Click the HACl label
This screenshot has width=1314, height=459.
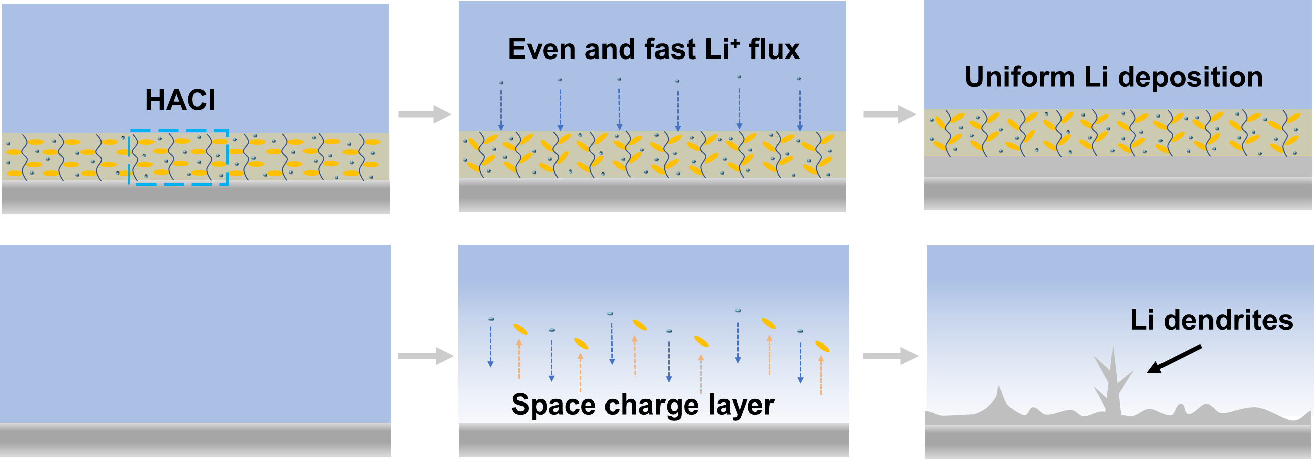[x=180, y=100]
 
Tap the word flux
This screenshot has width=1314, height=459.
[x=774, y=49]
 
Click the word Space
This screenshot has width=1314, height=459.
[x=553, y=405]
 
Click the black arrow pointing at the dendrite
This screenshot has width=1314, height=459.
[x=1174, y=359]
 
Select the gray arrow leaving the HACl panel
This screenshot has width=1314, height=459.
[x=424, y=114]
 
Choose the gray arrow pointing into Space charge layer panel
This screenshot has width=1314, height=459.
[x=425, y=356]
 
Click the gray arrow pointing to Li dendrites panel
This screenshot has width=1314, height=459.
[x=890, y=356]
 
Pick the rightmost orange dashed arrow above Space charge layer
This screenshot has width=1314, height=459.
[x=821, y=375]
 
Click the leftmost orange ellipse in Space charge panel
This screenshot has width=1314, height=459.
[x=520, y=329]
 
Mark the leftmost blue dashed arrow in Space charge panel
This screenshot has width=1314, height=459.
[x=491, y=347]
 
